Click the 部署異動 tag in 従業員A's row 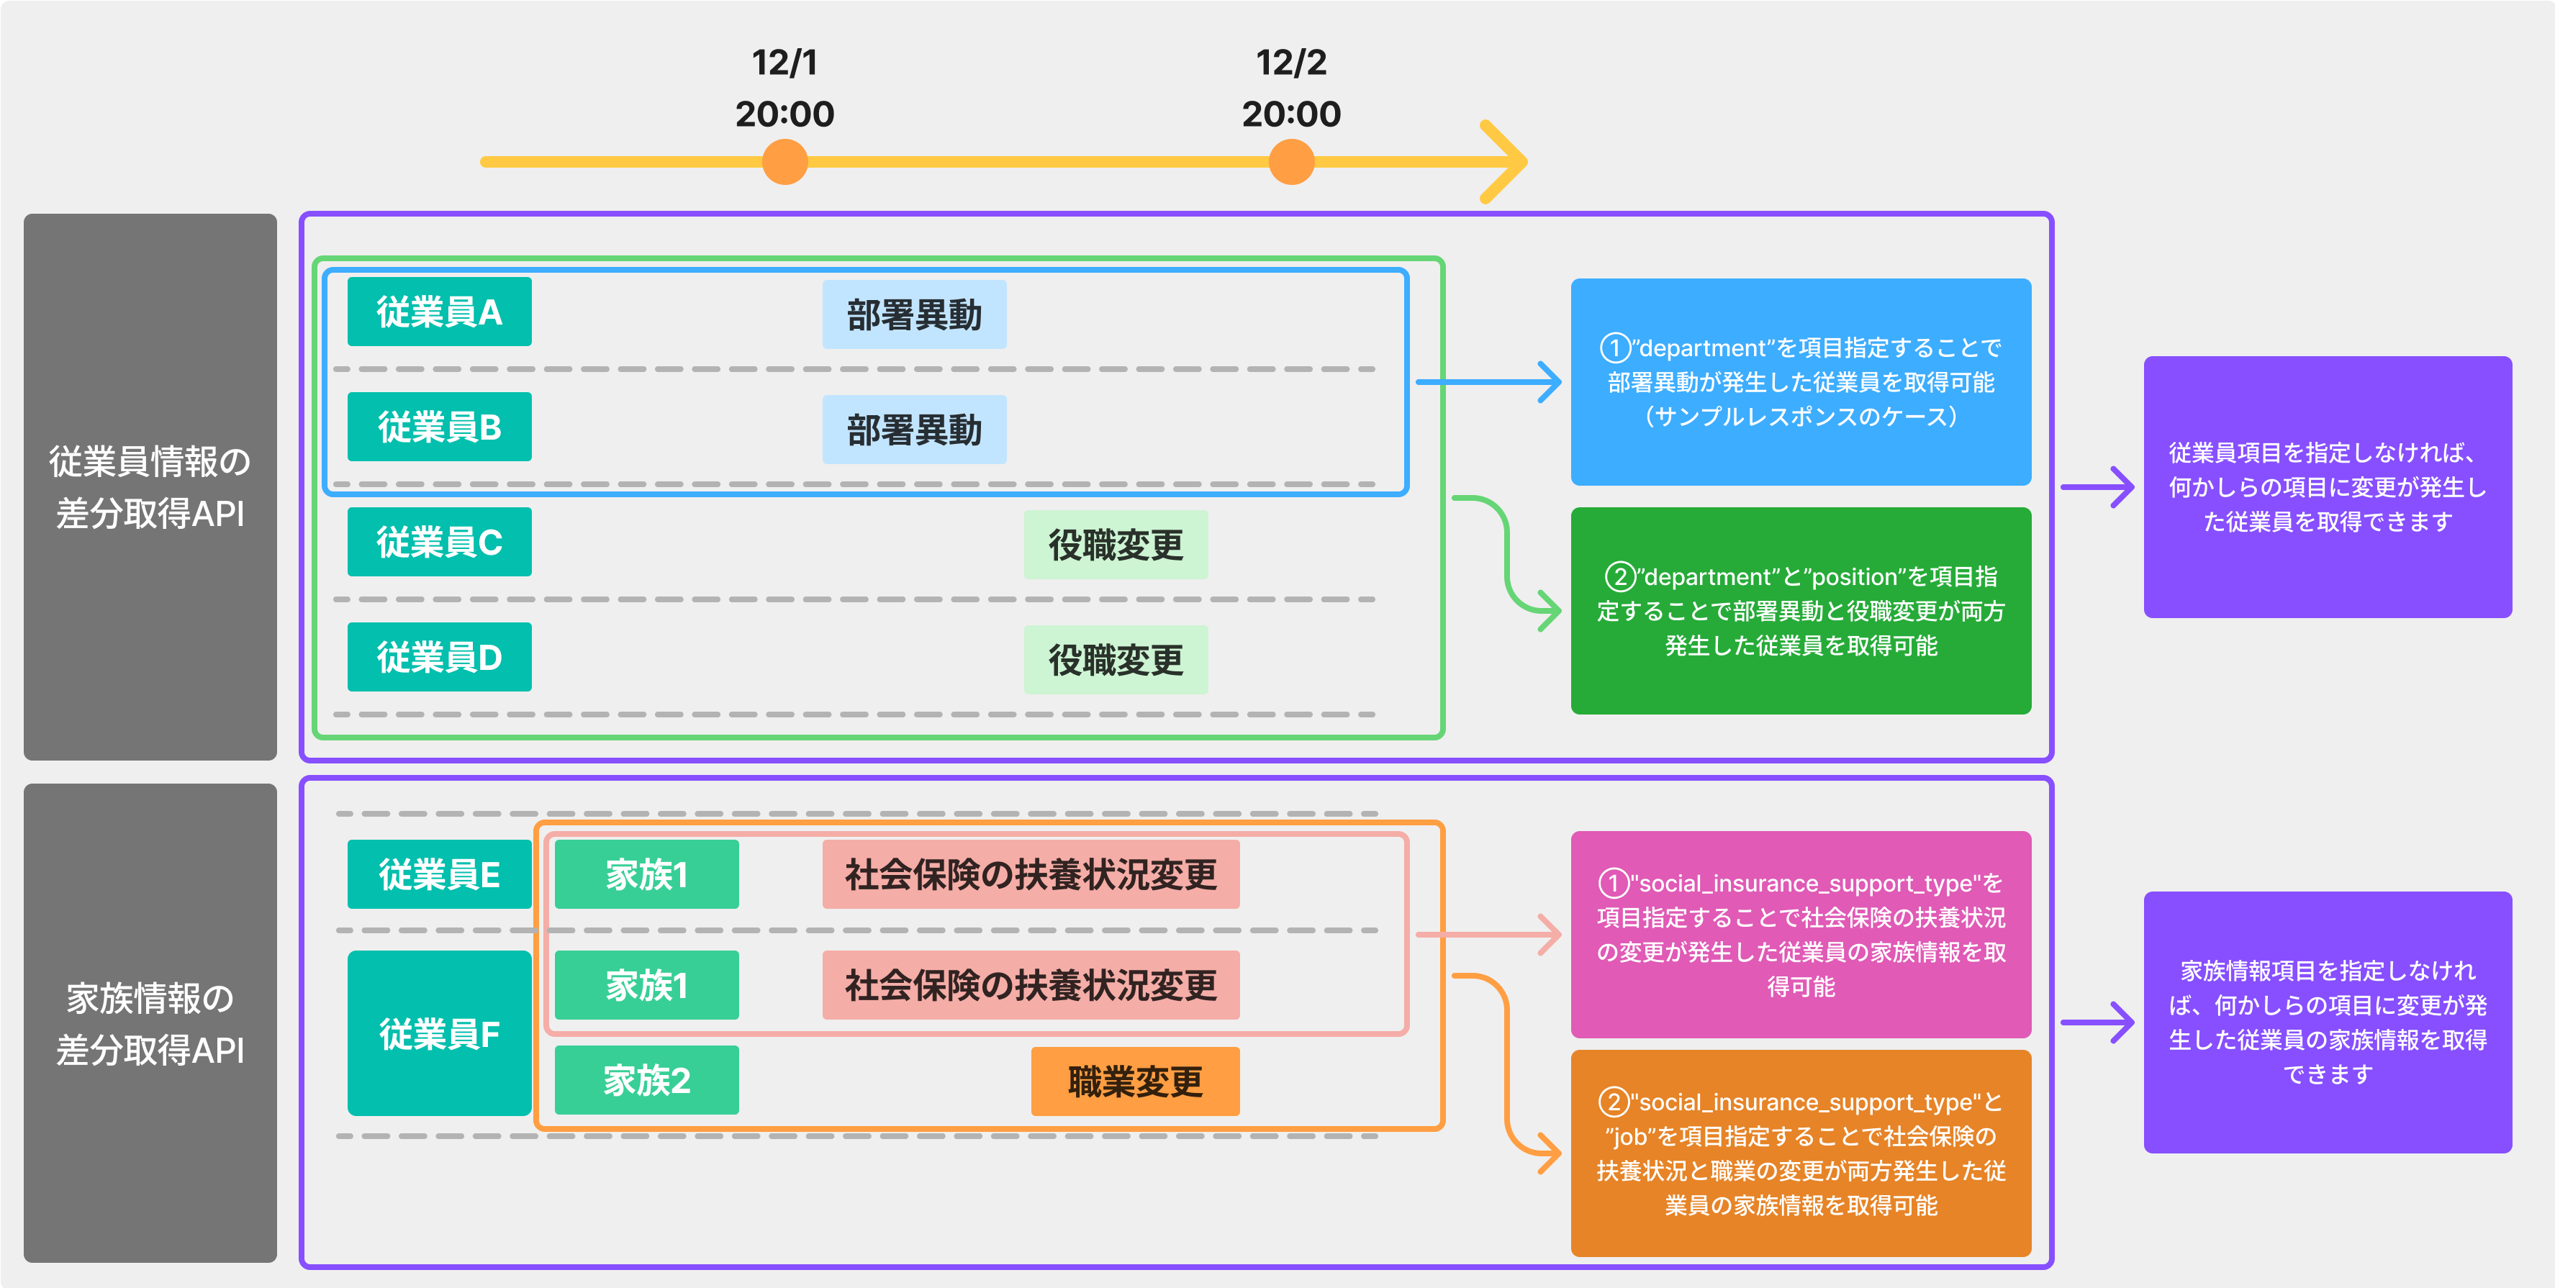click(x=913, y=314)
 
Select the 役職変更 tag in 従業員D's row click(x=1115, y=659)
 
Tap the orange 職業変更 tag click(x=1135, y=1081)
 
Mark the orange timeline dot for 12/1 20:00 click(x=784, y=162)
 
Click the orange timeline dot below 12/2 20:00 click(x=1290, y=162)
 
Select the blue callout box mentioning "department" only click(x=1800, y=382)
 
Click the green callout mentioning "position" click(x=1800, y=611)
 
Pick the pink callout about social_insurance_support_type click(x=1800, y=934)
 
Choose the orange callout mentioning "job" click(x=1800, y=1153)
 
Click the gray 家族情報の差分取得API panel click(x=150, y=1022)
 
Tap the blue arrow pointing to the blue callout click(x=1488, y=382)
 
